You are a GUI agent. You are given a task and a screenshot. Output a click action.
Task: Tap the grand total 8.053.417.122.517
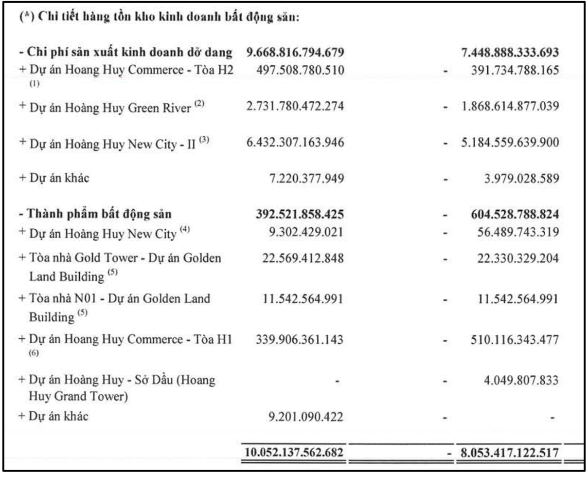click(508, 452)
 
